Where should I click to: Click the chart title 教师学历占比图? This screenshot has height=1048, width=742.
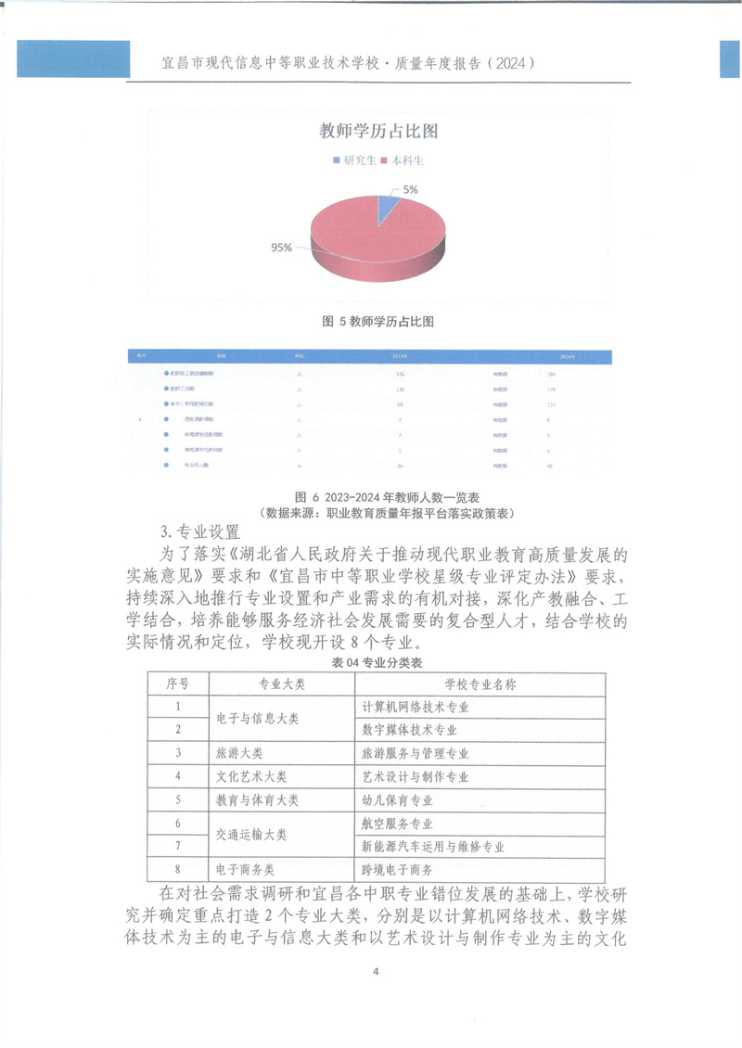[377, 131]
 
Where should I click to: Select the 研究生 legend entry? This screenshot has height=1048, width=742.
[353, 160]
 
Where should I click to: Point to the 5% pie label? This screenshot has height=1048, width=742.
[409, 190]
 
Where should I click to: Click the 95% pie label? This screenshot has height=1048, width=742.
[281, 248]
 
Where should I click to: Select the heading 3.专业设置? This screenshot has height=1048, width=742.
[199, 532]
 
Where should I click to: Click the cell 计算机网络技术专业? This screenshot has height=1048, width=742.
[415, 707]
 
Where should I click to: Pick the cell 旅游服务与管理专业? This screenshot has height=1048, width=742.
[415, 753]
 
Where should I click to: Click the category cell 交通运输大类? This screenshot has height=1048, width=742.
[250, 835]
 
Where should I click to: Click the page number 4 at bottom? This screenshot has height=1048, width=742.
[375, 972]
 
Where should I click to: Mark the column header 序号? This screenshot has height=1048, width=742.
[177, 684]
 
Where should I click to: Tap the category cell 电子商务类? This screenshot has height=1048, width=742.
[245, 870]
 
